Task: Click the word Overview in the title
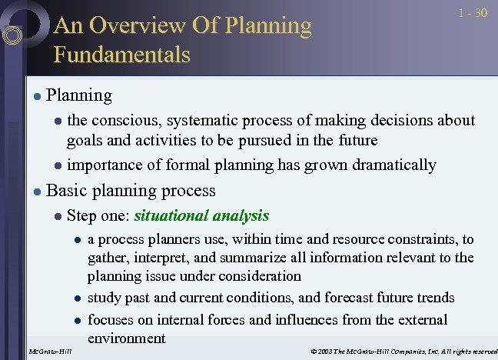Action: tap(144, 25)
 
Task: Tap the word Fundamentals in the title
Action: tap(121, 55)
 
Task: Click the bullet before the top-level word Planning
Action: tap(36, 97)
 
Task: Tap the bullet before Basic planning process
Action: tap(36, 192)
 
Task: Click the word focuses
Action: tap(111, 318)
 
